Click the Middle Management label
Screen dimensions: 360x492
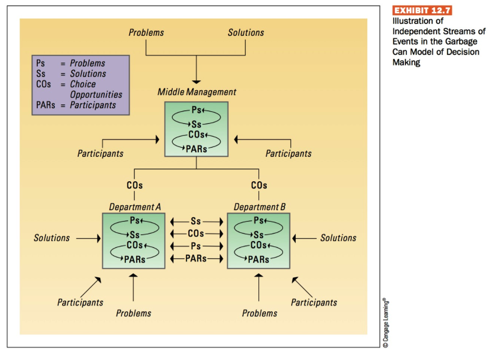point(197,92)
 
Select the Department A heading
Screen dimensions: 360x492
point(135,207)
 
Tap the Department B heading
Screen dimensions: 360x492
point(259,207)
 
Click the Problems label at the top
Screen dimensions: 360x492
point(146,33)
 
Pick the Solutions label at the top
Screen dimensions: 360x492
point(246,33)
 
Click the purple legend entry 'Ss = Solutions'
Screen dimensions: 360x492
point(71,74)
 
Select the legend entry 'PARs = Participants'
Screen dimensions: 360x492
point(76,105)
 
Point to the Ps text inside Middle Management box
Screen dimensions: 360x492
point(197,110)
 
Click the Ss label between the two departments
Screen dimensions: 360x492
point(196,222)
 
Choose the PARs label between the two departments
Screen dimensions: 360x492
point(196,258)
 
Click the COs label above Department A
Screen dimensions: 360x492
point(135,186)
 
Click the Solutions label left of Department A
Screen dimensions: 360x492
point(52,238)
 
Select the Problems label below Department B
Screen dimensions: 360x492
point(259,313)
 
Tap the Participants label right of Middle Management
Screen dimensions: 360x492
point(288,154)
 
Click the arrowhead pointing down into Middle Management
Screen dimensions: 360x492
point(196,81)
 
